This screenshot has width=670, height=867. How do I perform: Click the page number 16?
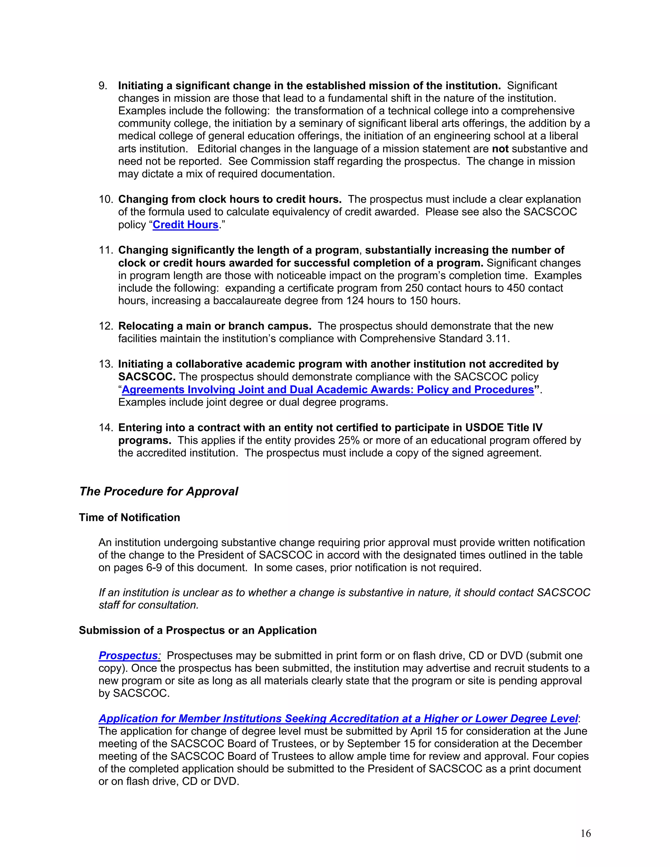tap(586, 833)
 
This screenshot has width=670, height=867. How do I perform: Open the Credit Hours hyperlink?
tap(185, 225)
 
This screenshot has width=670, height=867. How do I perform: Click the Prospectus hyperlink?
tap(128, 655)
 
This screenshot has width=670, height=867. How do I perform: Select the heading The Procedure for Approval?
tap(158, 491)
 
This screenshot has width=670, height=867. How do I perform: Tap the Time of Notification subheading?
tap(130, 517)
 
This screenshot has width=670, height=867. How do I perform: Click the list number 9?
tap(103, 86)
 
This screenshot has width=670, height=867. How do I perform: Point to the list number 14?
tap(106, 428)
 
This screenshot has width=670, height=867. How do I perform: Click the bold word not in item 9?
tap(500, 149)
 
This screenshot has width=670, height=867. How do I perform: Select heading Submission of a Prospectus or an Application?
tap(198, 630)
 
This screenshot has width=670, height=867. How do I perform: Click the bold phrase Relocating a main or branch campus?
tap(215, 326)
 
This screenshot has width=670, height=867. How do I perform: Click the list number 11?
tap(106, 250)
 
